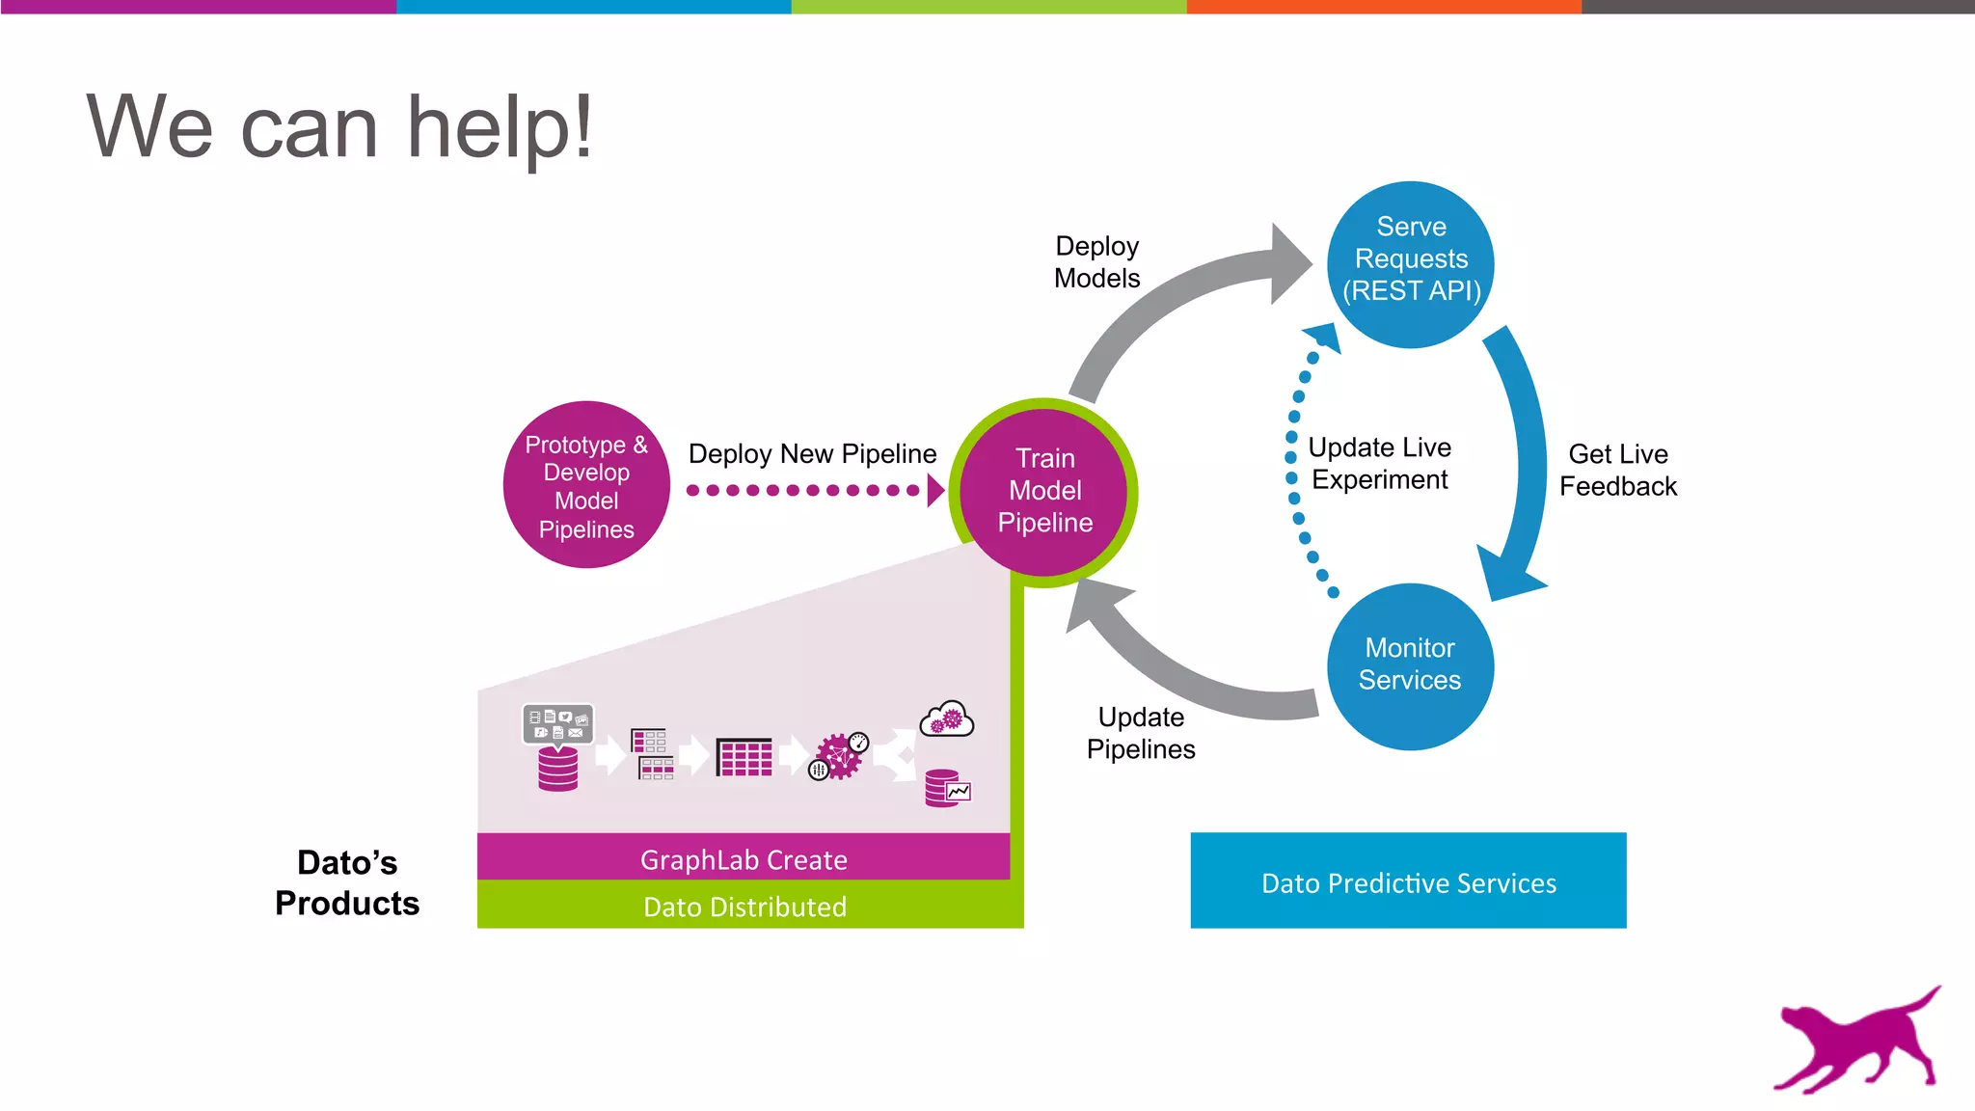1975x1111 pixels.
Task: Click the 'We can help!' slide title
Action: (x=339, y=127)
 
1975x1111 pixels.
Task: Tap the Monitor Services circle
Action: (x=1410, y=665)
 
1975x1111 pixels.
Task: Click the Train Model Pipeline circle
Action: (x=1044, y=491)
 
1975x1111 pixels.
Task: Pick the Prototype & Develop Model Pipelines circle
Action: (x=586, y=485)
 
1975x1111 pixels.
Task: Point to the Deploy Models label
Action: (x=1096, y=261)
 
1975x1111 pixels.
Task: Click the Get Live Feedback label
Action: (x=1617, y=470)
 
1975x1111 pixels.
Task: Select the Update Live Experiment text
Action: (x=1379, y=463)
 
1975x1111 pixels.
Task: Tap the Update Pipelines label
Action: (x=1141, y=733)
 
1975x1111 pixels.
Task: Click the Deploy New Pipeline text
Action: (x=812, y=453)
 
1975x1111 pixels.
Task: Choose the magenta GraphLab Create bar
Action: (x=744, y=857)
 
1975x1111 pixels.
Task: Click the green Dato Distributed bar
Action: (x=744, y=907)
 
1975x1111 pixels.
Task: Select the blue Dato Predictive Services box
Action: (x=1408, y=881)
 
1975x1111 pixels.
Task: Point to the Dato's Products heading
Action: (x=347, y=882)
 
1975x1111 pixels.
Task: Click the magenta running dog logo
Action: (x=1856, y=1042)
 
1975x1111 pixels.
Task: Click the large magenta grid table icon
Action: (x=744, y=757)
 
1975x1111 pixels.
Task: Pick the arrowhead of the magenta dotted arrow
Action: (x=934, y=490)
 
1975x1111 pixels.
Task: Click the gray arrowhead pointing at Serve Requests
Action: (x=1289, y=263)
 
